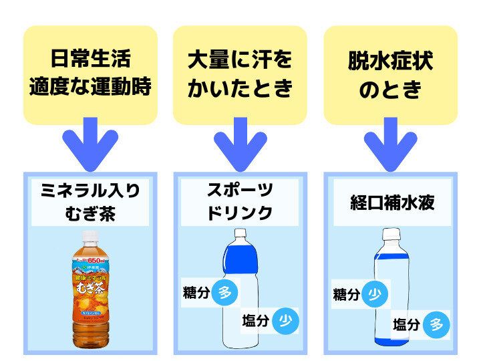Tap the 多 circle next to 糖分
(x=225, y=293)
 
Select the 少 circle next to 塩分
(x=286, y=321)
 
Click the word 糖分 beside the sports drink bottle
(x=196, y=293)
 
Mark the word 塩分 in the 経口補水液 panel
(x=407, y=325)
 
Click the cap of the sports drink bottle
(x=240, y=235)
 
